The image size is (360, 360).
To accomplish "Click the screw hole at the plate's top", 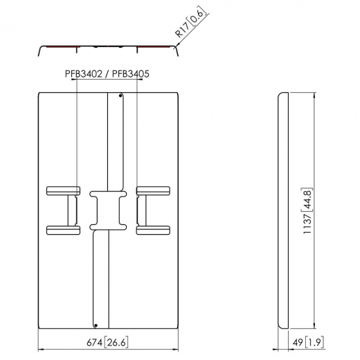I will (120, 98).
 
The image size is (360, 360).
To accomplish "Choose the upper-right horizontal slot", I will (153, 189).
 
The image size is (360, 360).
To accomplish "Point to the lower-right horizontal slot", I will (153, 230).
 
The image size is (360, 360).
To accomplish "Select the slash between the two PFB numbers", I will (107, 71).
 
